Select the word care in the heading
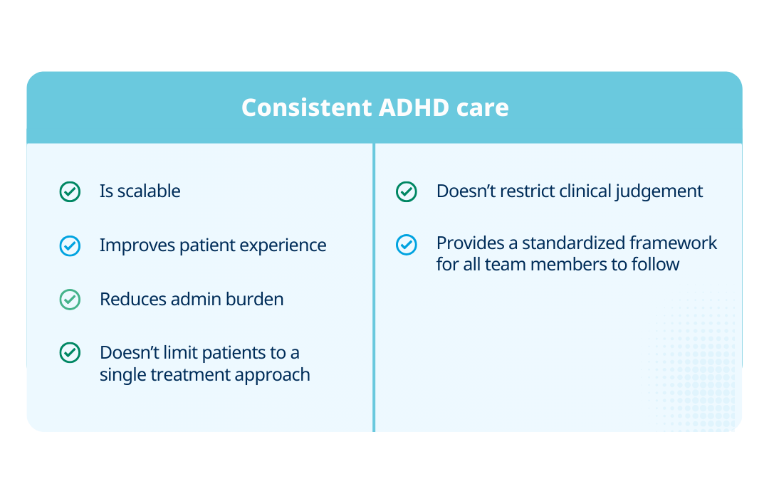tap(482, 107)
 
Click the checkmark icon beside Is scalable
tap(70, 191)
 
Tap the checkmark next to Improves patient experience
tap(70, 245)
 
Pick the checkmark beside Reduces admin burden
tap(70, 300)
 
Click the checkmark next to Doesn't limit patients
tap(70, 353)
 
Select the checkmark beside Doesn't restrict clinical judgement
tap(407, 191)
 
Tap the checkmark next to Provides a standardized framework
tap(407, 245)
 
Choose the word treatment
tap(189, 374)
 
